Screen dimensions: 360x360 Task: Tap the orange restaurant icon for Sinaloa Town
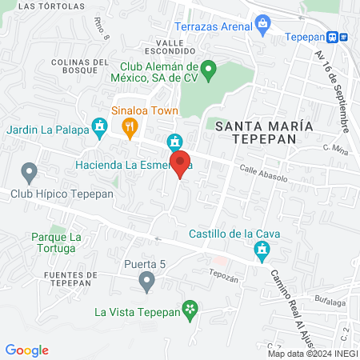pyautogui.click(x=128, y=126)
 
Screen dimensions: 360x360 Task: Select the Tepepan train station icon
pyautogui.click(x=342, y=36)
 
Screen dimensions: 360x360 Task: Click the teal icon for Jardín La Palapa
pyautogui.click(x=99, y=126)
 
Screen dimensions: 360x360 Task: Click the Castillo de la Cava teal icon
pyautogui.click(x=260, y=252)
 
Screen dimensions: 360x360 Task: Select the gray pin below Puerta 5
pyautogui.click(x=146, y=281)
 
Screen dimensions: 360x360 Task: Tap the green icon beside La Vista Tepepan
pyautogui.click(x=189, y=309)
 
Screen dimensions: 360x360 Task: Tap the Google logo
pyautogui.click(x=26, y=350)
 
